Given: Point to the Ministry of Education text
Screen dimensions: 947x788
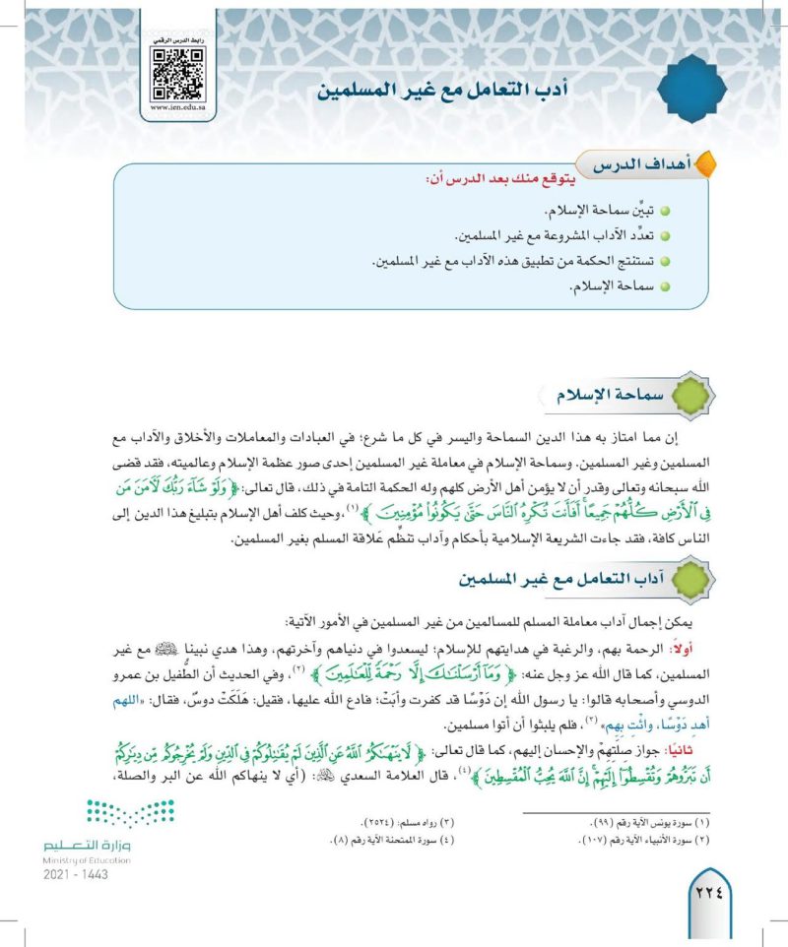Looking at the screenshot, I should click(x=87, y=859).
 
